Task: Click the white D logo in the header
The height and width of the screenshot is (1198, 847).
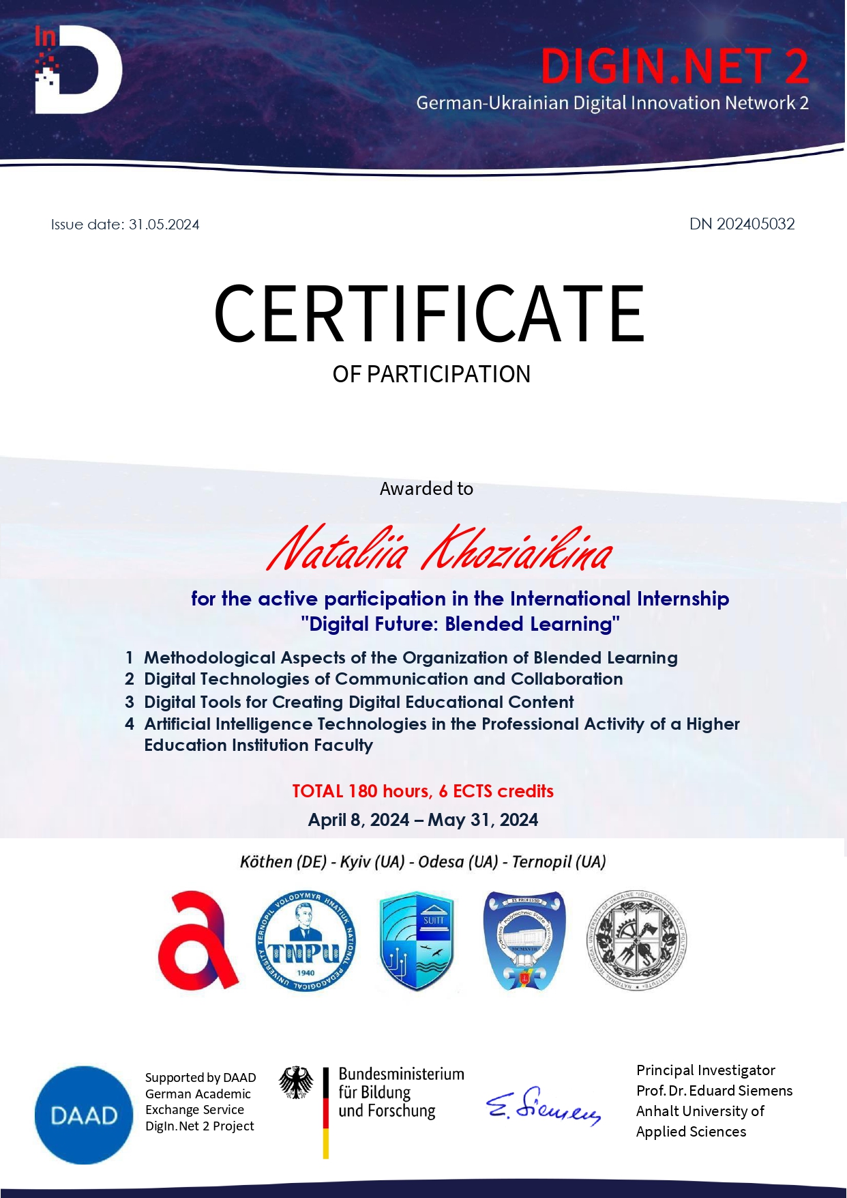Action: [x=78, y=70]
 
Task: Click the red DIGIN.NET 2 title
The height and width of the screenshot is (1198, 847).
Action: [x=674, y=67]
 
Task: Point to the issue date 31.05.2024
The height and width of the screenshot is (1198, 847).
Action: [x=164, y=225]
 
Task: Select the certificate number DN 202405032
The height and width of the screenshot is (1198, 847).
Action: [x=742, y=224]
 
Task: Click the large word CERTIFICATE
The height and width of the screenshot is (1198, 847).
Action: [x=429, y=314]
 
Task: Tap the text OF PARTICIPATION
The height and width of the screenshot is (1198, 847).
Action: [x=431, y=374]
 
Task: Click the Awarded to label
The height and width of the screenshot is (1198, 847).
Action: [x=426, y=489]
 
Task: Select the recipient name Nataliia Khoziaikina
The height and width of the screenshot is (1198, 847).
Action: [x=440, y=550]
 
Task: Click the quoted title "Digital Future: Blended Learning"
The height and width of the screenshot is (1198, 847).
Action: [x=460, y=624]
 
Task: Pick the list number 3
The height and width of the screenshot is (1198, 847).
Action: [x=130, y=702]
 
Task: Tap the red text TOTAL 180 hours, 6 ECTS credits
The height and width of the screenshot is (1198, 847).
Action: [x=423, y=791]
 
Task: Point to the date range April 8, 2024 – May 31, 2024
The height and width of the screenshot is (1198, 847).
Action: [x=423, y=820]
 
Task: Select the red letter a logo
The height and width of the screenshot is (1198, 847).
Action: [x=197, y=941]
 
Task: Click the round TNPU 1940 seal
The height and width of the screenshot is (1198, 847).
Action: [x=305, y=941]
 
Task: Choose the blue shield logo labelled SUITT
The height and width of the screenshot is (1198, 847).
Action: [x=416, y=941]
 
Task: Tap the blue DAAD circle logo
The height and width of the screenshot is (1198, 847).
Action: [x=84, y=1115]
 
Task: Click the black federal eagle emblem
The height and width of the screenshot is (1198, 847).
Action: [x=296, y=1083]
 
